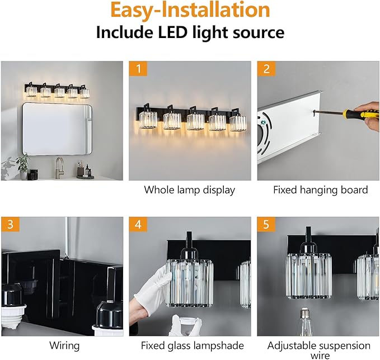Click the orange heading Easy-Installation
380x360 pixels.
click(190, 10)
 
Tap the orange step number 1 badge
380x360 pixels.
click(137, 70)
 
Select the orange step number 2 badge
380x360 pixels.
click(266, 70)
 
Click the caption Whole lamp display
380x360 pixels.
click(189, 190)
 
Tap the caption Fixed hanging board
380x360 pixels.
click(320, 190)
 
